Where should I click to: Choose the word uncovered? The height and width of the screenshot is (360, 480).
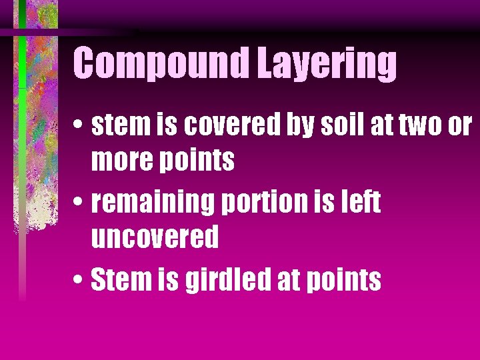[x=155, y=237]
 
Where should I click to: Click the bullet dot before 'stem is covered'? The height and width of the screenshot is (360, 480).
[x=79, y=125]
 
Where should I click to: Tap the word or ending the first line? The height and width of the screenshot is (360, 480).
[x=459, y=124]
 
